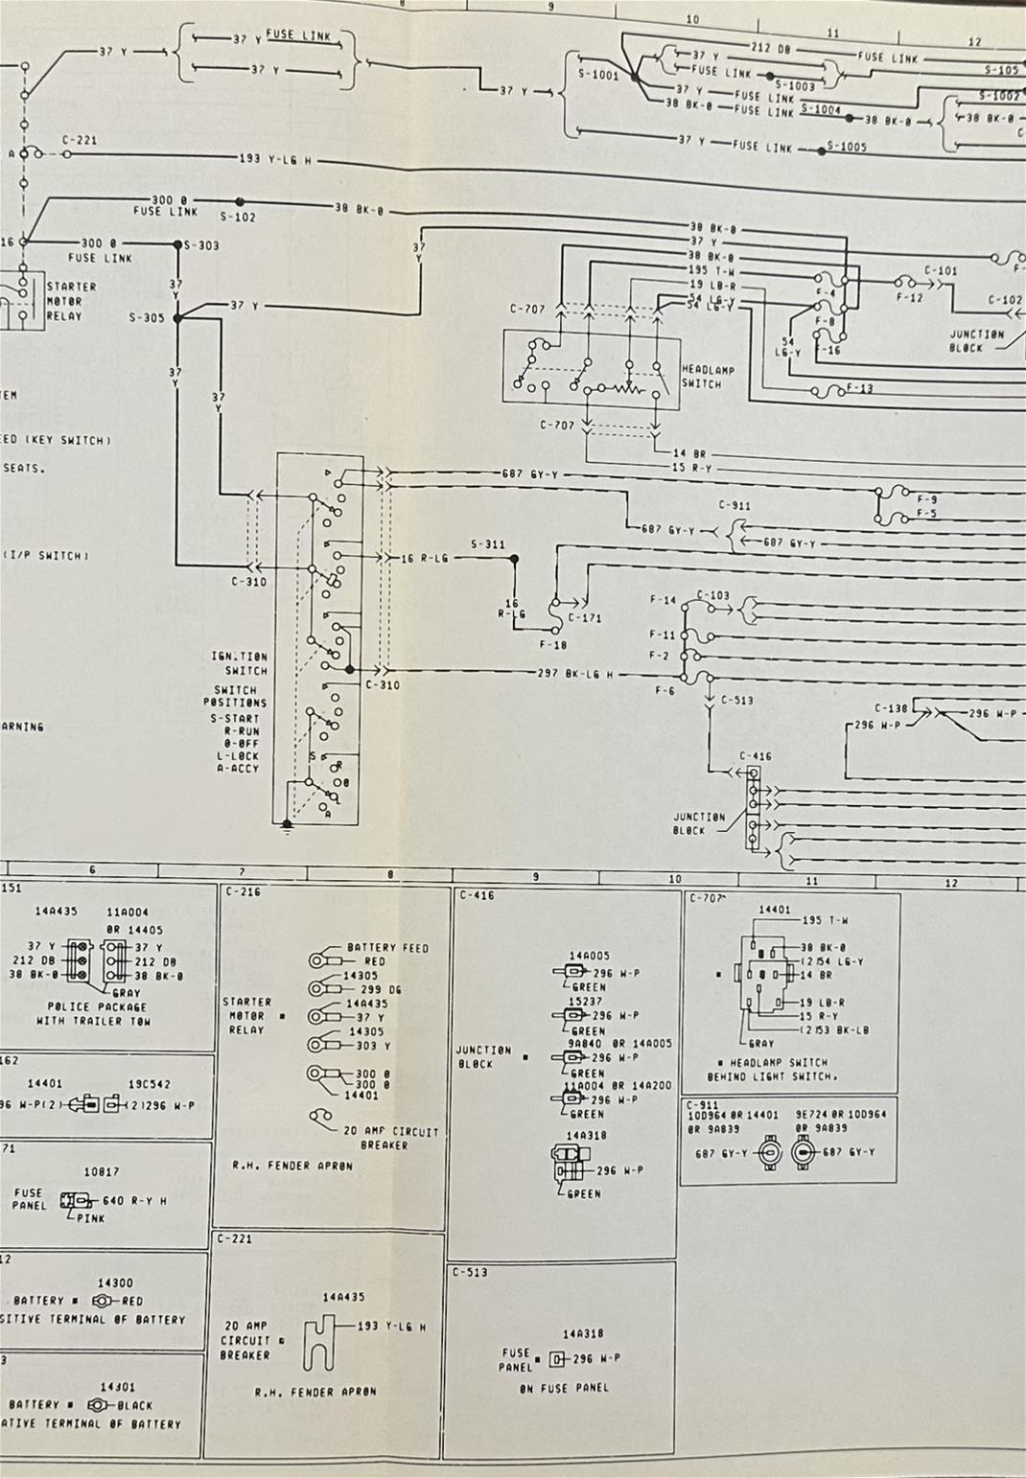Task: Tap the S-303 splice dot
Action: [176, 244]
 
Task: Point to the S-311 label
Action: [487, 544]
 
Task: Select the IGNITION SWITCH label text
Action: [239, 663]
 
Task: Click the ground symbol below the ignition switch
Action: [286, 825]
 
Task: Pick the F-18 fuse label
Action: [553, 645]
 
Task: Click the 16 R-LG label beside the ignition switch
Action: [424, 558]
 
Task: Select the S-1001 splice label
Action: [597, 74]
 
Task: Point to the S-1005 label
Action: [847, 147]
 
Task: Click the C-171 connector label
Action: [585, 618]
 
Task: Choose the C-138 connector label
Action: [891, 708]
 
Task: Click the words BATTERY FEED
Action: [387, 947]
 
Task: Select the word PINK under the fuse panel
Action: [90, 1218]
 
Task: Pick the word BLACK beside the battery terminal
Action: [135, 1405]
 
